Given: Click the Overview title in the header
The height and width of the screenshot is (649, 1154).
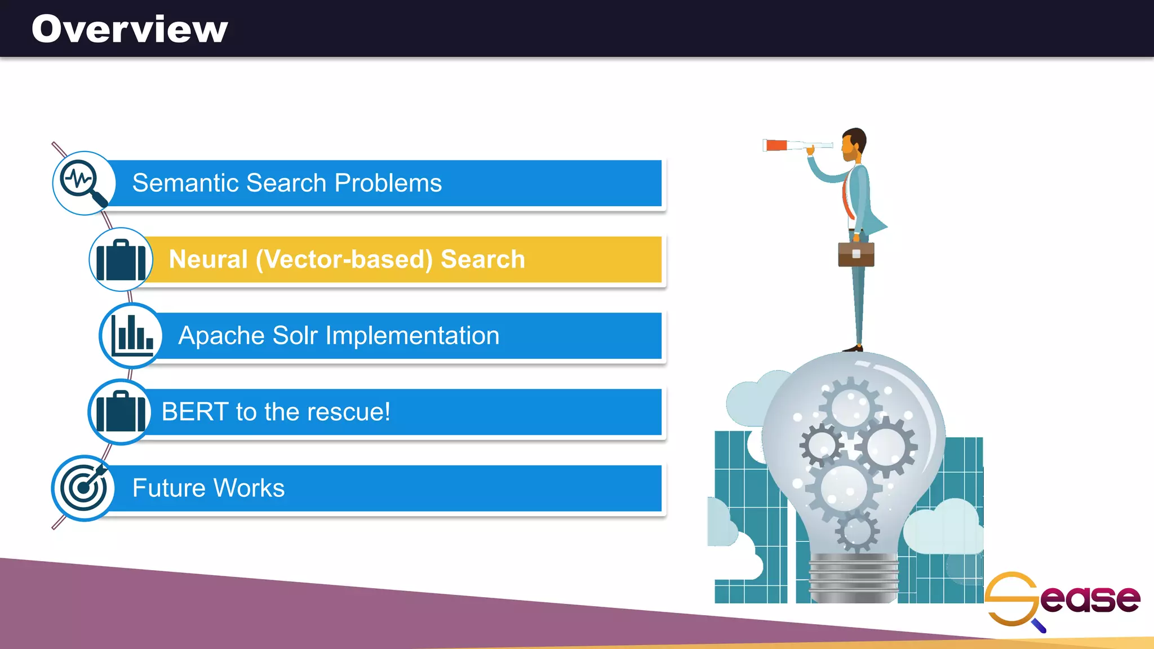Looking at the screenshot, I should pos(130,29).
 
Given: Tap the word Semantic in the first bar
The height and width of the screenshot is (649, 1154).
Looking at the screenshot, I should pos(186,183).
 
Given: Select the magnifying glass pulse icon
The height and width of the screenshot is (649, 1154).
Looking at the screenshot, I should pos(83,183).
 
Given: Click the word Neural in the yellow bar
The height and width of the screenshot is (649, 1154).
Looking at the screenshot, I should pos(208,259).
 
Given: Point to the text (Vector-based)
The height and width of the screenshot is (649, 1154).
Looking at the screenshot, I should pos(344,259).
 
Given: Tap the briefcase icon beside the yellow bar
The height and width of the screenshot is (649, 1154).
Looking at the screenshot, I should pos(121,260).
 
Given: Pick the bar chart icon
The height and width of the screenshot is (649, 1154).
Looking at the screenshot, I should pos(131,336).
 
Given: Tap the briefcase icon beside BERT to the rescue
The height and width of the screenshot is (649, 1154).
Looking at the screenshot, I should pos(119,412).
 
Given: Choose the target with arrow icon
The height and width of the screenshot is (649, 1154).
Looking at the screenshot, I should pos(83,488).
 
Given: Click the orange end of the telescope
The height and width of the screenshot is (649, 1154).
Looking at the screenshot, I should pos(776,145).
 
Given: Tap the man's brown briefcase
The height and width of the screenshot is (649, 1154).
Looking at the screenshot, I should pos(856,254).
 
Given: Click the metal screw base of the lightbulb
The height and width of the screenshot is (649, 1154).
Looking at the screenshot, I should pos(853,577).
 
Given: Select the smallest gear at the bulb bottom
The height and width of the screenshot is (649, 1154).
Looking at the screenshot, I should pos(856,531).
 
